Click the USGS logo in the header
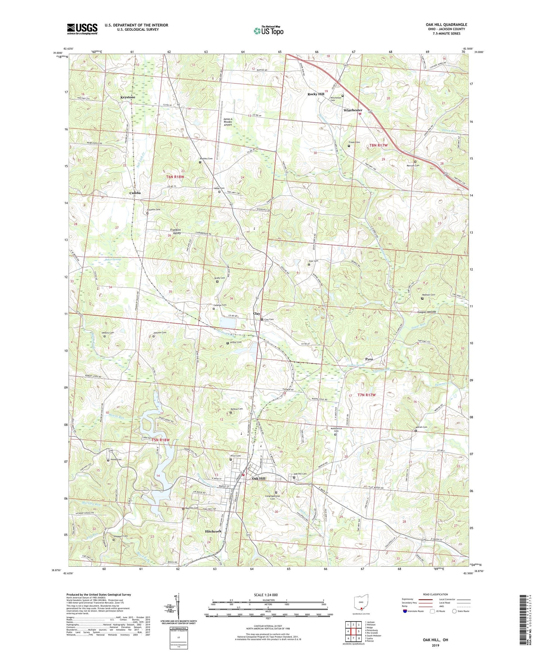(82, 29)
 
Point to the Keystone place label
(128, 97)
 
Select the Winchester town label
(353, 110)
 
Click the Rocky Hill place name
(316, 94)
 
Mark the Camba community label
(135, 193)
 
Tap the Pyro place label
(369, 359)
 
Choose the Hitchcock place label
(213, 531)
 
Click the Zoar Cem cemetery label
(313, 261)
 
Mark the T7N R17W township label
(366, 395)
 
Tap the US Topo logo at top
(268, 30)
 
